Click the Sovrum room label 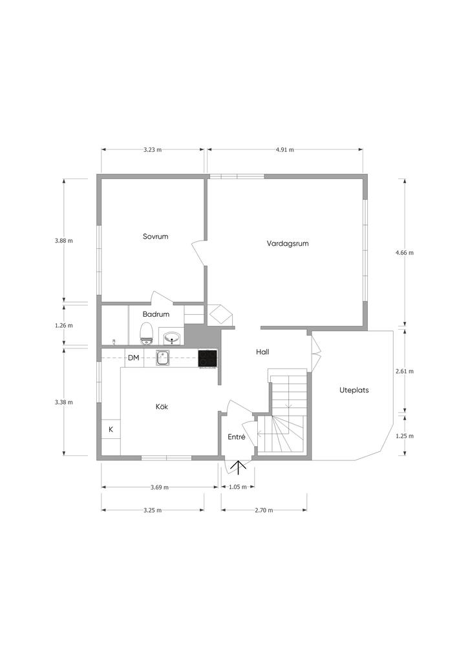click(x=155, y=237)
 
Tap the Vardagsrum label click(x=288, y=244)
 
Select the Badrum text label click(x=156, y=314)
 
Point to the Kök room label click(x=162, y=407)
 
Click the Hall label click(x=262, y=352)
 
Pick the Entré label click(x=237, y=437)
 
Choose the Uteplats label click(x=354, y=390)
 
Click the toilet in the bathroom click(x=146, y=334)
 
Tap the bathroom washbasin click(x=172, y=337)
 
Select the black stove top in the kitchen click(x=207, y=358)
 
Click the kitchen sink click(x=162, y=358)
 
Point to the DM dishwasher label click(x=133, y=358)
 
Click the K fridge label click(x=111, y=429)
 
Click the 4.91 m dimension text click(x=284, y=149)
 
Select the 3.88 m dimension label click(x=64, y=240)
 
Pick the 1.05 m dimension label click(x=237, y=487)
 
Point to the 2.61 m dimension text click(x=405, y=371)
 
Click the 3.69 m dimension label click(x=160, y=487)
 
